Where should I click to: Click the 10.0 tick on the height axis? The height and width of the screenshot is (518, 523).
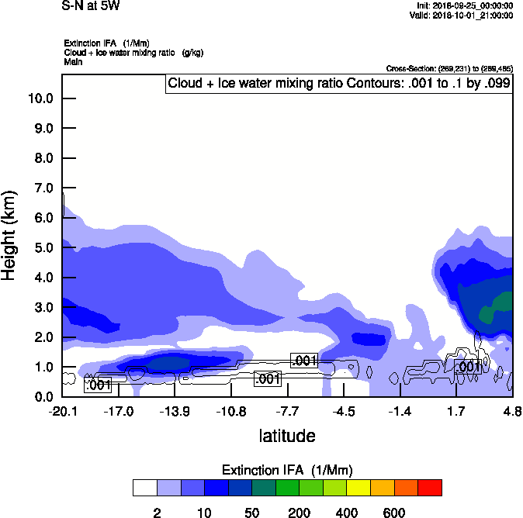[x=40, y=98]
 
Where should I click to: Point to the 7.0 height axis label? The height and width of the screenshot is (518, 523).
[x=40, y=188]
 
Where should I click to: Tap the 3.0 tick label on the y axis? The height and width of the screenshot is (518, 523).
[x=40, y=308]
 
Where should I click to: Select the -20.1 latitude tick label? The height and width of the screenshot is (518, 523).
[x=62, y=411]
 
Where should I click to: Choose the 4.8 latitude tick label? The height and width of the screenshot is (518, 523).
[x=511, y=411]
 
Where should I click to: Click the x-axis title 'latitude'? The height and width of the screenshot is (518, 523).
[x=287, y=436]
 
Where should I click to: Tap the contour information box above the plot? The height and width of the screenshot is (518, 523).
[x=338, y=84]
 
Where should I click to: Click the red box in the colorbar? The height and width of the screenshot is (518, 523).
[x=430, y=488]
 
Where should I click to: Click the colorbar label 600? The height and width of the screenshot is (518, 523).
[x=394, y=513]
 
